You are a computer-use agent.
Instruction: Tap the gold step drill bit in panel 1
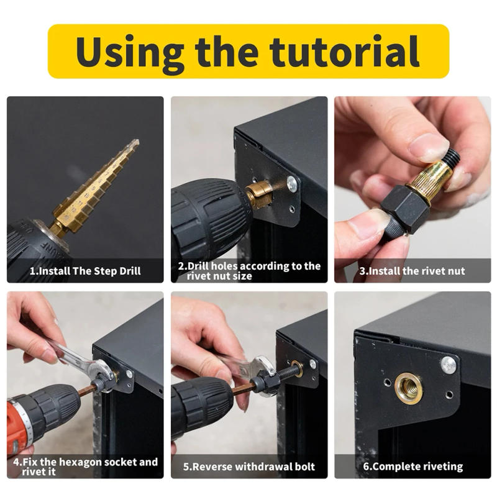(93, 189)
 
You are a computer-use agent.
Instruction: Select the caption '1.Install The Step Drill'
(85, 271)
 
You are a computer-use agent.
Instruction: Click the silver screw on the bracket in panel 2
(292, 183)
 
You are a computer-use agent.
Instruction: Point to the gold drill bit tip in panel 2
(259, 193)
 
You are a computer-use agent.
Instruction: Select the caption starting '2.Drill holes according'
(248, 271)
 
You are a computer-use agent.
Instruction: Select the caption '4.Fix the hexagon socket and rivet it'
(85, 467)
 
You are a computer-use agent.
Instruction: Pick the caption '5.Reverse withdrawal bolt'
(248, 467)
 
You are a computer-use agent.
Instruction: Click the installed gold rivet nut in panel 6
(408, 388)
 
